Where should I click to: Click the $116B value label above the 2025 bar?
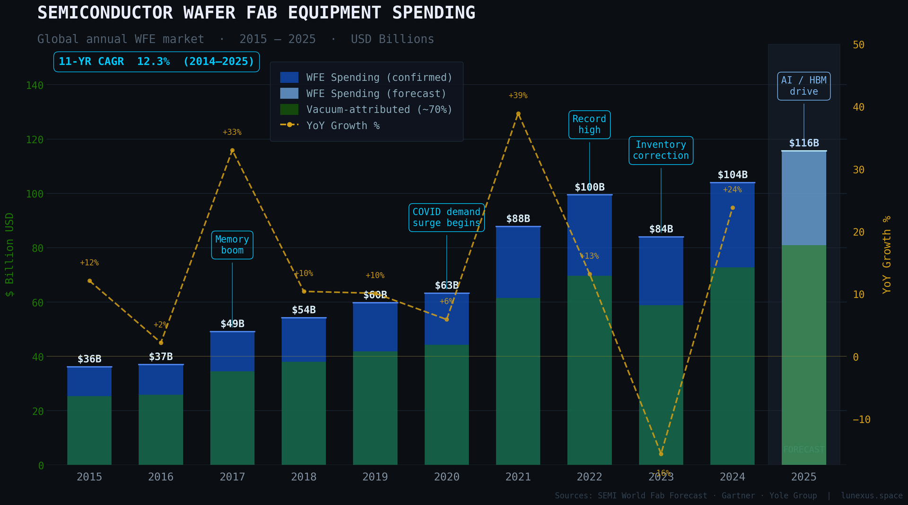(x=803, y=143)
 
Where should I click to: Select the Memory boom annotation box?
(x=232, y=245)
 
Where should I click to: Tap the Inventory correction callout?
(x=661, y=150)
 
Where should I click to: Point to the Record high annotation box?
(x=589, y=124)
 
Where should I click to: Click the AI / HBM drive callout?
(x=803, y=86)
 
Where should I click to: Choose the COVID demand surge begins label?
(x=446, y=218)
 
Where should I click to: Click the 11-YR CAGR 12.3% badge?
(x=157, y=61)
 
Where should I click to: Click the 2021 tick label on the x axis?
(x=518, y=477)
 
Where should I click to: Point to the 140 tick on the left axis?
(x=35, y=86)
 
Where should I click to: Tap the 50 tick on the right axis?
(x=858, y=45)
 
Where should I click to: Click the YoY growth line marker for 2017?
(x=232, y=151)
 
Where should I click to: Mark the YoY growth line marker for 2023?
(x=661, y=454)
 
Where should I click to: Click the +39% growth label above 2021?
(x=518, y=96)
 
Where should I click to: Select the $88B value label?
(x=518, y=219)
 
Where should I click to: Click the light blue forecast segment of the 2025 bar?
(x=803, y=199)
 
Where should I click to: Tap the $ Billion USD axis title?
(x=9, y=255)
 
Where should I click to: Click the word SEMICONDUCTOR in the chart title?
(x=105, y=13)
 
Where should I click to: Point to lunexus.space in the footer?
(x=872, y=496)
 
